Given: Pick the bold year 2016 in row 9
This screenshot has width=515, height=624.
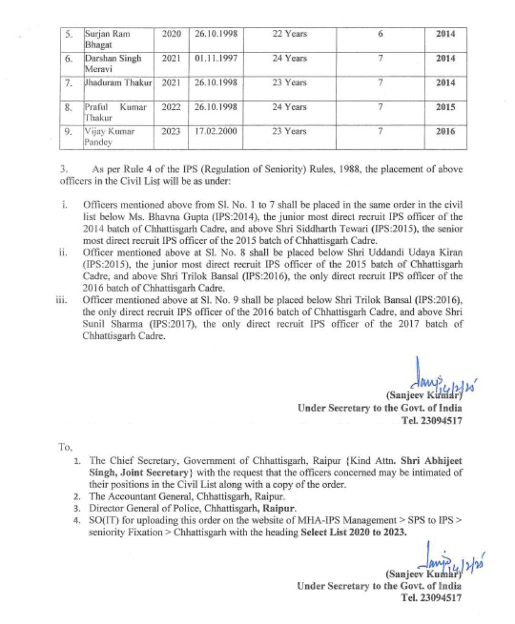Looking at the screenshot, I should click(x=445, y=131).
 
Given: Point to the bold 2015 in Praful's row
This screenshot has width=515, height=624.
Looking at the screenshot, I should click(x=445, y=107).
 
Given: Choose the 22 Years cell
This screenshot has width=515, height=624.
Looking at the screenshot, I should click(x=290, y=34).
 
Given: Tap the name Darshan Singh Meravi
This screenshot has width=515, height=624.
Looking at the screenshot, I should click(x=112, y=63).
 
